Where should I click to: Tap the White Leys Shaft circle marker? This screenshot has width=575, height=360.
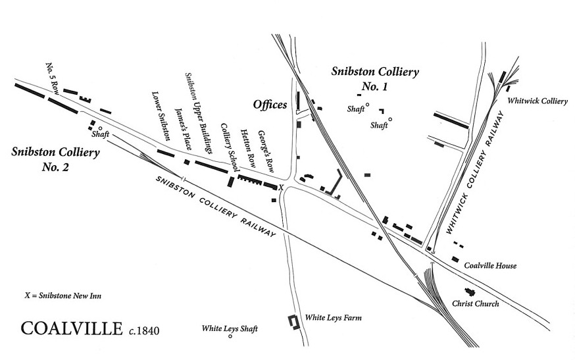tap(230, 337)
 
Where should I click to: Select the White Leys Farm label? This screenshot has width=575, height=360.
tap(334, 317)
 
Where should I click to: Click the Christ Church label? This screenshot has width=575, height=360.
tap(476, 304)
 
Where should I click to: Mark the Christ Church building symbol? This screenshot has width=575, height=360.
tap(470, 291)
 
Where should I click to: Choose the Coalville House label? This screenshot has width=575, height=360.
tap(490, 266)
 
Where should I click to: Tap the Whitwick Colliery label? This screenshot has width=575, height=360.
tap(537, 101)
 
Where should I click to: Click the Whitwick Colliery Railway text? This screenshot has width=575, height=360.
tap(478, 173)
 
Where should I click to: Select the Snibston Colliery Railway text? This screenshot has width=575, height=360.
tap(215, 206)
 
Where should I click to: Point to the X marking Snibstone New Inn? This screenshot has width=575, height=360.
tap(281, 188)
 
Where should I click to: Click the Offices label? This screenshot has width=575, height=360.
tap(270, 105)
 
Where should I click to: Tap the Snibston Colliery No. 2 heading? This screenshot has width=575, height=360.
tap(55, 159)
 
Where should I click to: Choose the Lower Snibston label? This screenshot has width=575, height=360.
tap(161, 116)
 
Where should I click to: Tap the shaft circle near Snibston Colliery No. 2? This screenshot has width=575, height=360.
tap(100, 128)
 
